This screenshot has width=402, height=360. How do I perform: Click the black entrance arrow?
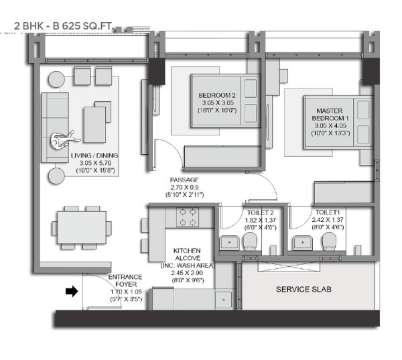[71, 292]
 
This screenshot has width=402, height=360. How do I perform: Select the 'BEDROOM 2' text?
[216, 95]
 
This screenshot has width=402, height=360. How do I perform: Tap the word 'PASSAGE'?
[184, 180]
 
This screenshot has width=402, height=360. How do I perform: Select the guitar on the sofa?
[64, 139]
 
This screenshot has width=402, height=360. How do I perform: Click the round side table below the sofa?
[55, 176]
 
